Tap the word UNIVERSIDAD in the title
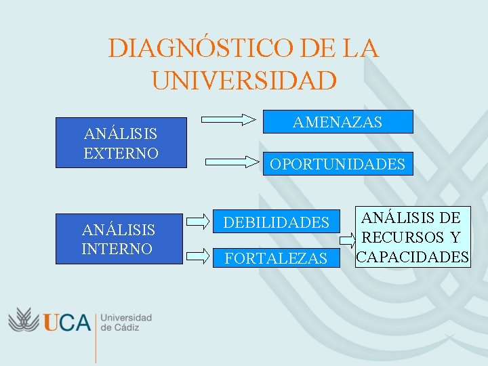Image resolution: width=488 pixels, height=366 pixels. (244, 81)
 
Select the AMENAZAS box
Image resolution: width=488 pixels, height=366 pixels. (338, 121)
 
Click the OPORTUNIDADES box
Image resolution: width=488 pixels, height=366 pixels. (338, 163)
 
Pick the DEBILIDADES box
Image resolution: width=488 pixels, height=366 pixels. (277, 222)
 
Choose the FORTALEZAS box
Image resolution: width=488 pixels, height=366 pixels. (277, 258)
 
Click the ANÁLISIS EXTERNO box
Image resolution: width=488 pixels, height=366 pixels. (121, 143)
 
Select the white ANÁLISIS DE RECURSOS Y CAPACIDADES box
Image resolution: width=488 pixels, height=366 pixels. (412, 237)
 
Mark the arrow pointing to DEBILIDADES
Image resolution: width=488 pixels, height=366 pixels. (197, 221)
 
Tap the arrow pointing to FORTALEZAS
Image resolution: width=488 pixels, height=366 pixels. (197, 256)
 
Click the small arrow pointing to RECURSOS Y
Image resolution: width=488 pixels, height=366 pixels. (346, 239)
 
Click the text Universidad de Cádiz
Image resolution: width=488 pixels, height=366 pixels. (126, 322)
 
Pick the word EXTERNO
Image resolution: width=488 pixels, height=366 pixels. (121, 152)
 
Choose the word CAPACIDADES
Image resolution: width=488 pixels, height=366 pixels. (412, 257)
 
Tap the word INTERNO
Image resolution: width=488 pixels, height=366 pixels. (117, 249)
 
